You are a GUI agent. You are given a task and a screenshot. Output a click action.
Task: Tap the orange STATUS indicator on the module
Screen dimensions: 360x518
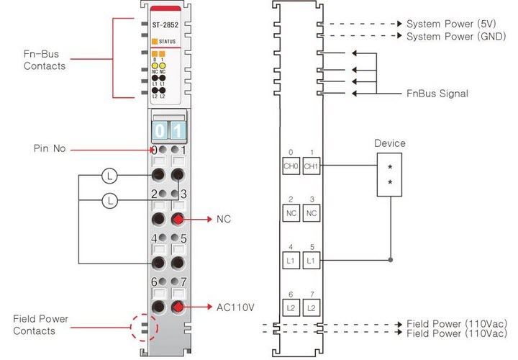pos(154,42)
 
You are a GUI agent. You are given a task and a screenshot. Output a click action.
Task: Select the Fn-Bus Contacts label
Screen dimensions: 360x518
pos(44,61)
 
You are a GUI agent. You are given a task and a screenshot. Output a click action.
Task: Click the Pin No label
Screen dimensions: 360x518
pos(49,149)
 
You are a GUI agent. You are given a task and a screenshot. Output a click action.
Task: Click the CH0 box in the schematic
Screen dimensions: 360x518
pos(291,166)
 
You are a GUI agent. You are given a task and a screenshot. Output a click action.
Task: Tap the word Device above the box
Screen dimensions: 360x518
pos(390,143)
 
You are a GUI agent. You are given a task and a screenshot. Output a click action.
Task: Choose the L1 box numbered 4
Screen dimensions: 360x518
pos(291,259)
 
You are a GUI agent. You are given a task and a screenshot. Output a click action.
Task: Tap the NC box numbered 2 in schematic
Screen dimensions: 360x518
pos(291,213)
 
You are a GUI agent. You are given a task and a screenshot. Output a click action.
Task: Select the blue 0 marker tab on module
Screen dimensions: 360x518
pos(159,132)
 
